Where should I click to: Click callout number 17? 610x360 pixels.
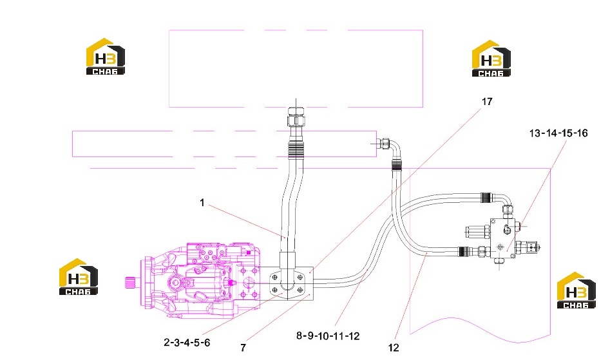[x=487, y=102]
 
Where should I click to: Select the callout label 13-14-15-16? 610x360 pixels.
[x=558, y=133]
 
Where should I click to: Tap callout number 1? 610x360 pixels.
[x=202, y=203]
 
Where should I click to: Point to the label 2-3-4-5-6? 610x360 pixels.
[x=187, y=343]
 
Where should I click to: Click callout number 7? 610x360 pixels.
[x=243, y=348]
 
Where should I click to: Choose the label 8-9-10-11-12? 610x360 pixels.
[x=328, y=336]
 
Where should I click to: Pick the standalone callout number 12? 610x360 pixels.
[x=394, y=348]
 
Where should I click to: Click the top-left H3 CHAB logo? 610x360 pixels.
[x=106, y=57]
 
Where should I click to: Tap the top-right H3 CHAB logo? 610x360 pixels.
[x=491, y=59]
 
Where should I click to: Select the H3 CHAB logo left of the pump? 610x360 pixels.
[x=78, y=277]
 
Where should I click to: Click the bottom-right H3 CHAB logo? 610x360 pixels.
[x=576, y=290]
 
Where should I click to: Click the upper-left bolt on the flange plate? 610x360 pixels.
[x=274, y=278]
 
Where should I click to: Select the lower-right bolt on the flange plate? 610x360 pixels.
[x=300, y=290]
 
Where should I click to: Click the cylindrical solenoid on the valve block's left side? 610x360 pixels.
[x=477, y=232]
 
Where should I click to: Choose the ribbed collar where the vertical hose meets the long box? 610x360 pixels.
[x=295, y=149]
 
